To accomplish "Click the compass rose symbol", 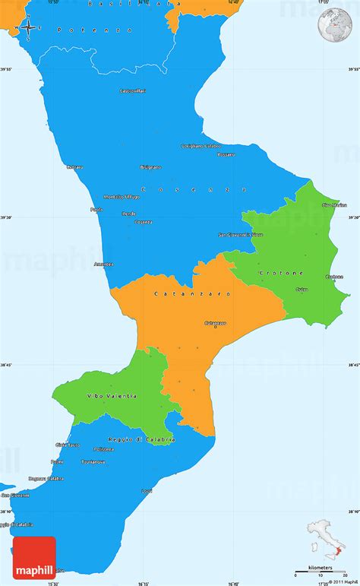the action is (x=27, y=28).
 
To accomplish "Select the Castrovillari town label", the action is (x=132, y=91).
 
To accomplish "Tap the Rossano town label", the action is (x=226, y=154).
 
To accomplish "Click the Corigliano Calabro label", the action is (x=201, y=146).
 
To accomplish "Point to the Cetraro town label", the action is (x=74, y=166).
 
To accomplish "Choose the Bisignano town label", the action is (x=150, y=166).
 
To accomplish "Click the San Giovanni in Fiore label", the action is (x=240, y=235).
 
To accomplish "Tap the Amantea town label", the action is (x=104, y=264).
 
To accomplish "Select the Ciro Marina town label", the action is (x=334, y=204).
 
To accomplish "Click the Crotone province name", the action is (x=281, y=272).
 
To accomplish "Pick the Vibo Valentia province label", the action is (x=112, y=396).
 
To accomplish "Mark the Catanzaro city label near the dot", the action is (x=216, y=323).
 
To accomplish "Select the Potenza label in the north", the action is (x=111, y=29).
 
